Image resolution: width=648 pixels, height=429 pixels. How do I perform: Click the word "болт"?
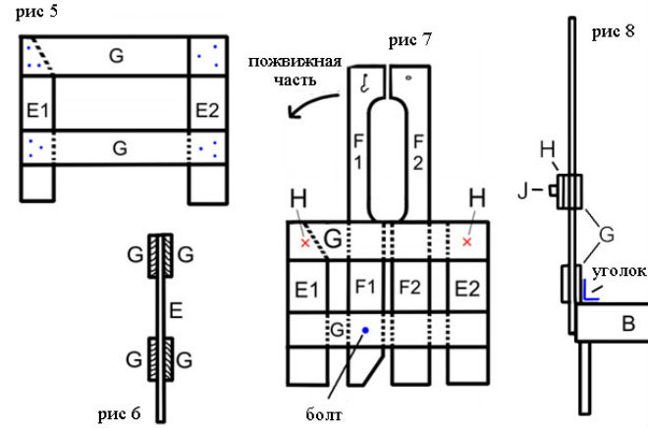pos(324,414)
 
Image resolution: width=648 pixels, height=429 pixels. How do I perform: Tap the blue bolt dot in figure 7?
pos(365,331)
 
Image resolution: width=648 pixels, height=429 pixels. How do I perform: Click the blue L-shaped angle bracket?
pos(590,291)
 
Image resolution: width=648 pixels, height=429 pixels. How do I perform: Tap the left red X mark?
pos(305,241)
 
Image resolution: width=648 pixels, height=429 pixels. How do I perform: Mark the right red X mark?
pos(466,241)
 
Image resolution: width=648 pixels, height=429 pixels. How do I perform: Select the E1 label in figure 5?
pos(40,110)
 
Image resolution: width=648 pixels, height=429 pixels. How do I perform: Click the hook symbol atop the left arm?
pos(362,82)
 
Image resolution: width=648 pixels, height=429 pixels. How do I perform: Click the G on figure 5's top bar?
pos(117,57)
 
